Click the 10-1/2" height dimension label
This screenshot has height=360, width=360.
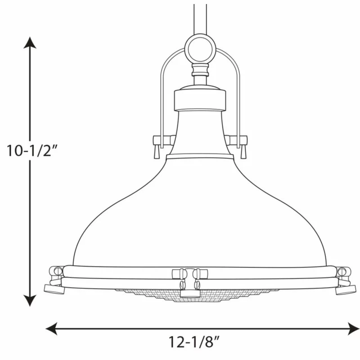(x=31, y=151)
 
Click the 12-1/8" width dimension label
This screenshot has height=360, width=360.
(x=194, y=342)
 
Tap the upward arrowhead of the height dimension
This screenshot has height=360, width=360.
(x=30, y=43)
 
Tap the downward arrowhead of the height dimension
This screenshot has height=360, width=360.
(x=30, y=301)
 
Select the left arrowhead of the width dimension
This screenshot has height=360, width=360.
(x=52, y=328)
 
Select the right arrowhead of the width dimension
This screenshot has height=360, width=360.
(x=353, y=328)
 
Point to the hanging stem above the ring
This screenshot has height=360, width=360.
(x=200, y=19)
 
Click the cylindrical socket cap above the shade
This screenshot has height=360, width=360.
(x=200, y=100)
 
